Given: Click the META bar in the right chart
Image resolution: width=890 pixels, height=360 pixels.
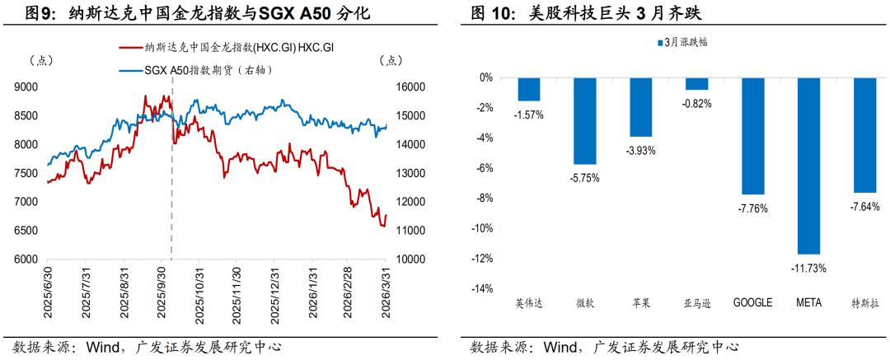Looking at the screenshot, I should click(x=809, y=166).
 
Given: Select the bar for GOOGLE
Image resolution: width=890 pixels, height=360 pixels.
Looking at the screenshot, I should click(x=753, y=136).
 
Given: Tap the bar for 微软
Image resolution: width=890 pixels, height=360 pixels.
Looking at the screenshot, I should click(x=585, y=121).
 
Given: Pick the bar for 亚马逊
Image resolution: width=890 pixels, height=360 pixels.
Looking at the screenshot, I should click(x=697, y=84).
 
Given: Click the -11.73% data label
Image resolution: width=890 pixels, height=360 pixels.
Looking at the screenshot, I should click(x=809, y=267).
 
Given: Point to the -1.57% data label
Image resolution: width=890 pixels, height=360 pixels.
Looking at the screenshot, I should click(x=529, y=114).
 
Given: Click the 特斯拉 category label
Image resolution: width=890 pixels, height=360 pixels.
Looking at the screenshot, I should click(x=865, y=303).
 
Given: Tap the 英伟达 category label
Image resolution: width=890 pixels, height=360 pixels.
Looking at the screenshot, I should click(x=529, y=303).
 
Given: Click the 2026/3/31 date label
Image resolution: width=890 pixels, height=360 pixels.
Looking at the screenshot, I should click(x=385, y=293).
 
